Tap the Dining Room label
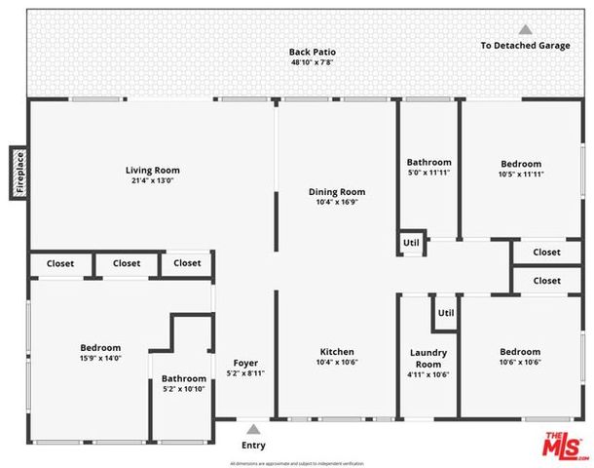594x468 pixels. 337,191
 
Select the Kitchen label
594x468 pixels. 337,352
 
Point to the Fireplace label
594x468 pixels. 19,174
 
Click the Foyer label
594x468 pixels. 245,363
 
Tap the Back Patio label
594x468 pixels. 313,52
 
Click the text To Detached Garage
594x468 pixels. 525,46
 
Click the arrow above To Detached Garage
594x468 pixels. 525,30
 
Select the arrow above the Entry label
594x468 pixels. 253,428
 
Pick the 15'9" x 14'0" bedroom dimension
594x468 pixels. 100,359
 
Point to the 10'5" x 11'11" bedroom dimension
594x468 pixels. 521,175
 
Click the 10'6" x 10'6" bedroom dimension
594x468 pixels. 520,363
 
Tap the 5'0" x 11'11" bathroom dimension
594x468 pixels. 428,174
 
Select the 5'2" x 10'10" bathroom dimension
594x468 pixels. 184,389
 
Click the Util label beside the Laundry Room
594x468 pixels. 446,313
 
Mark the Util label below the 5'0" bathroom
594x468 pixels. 411,243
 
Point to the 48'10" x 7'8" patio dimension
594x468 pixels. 313,62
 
